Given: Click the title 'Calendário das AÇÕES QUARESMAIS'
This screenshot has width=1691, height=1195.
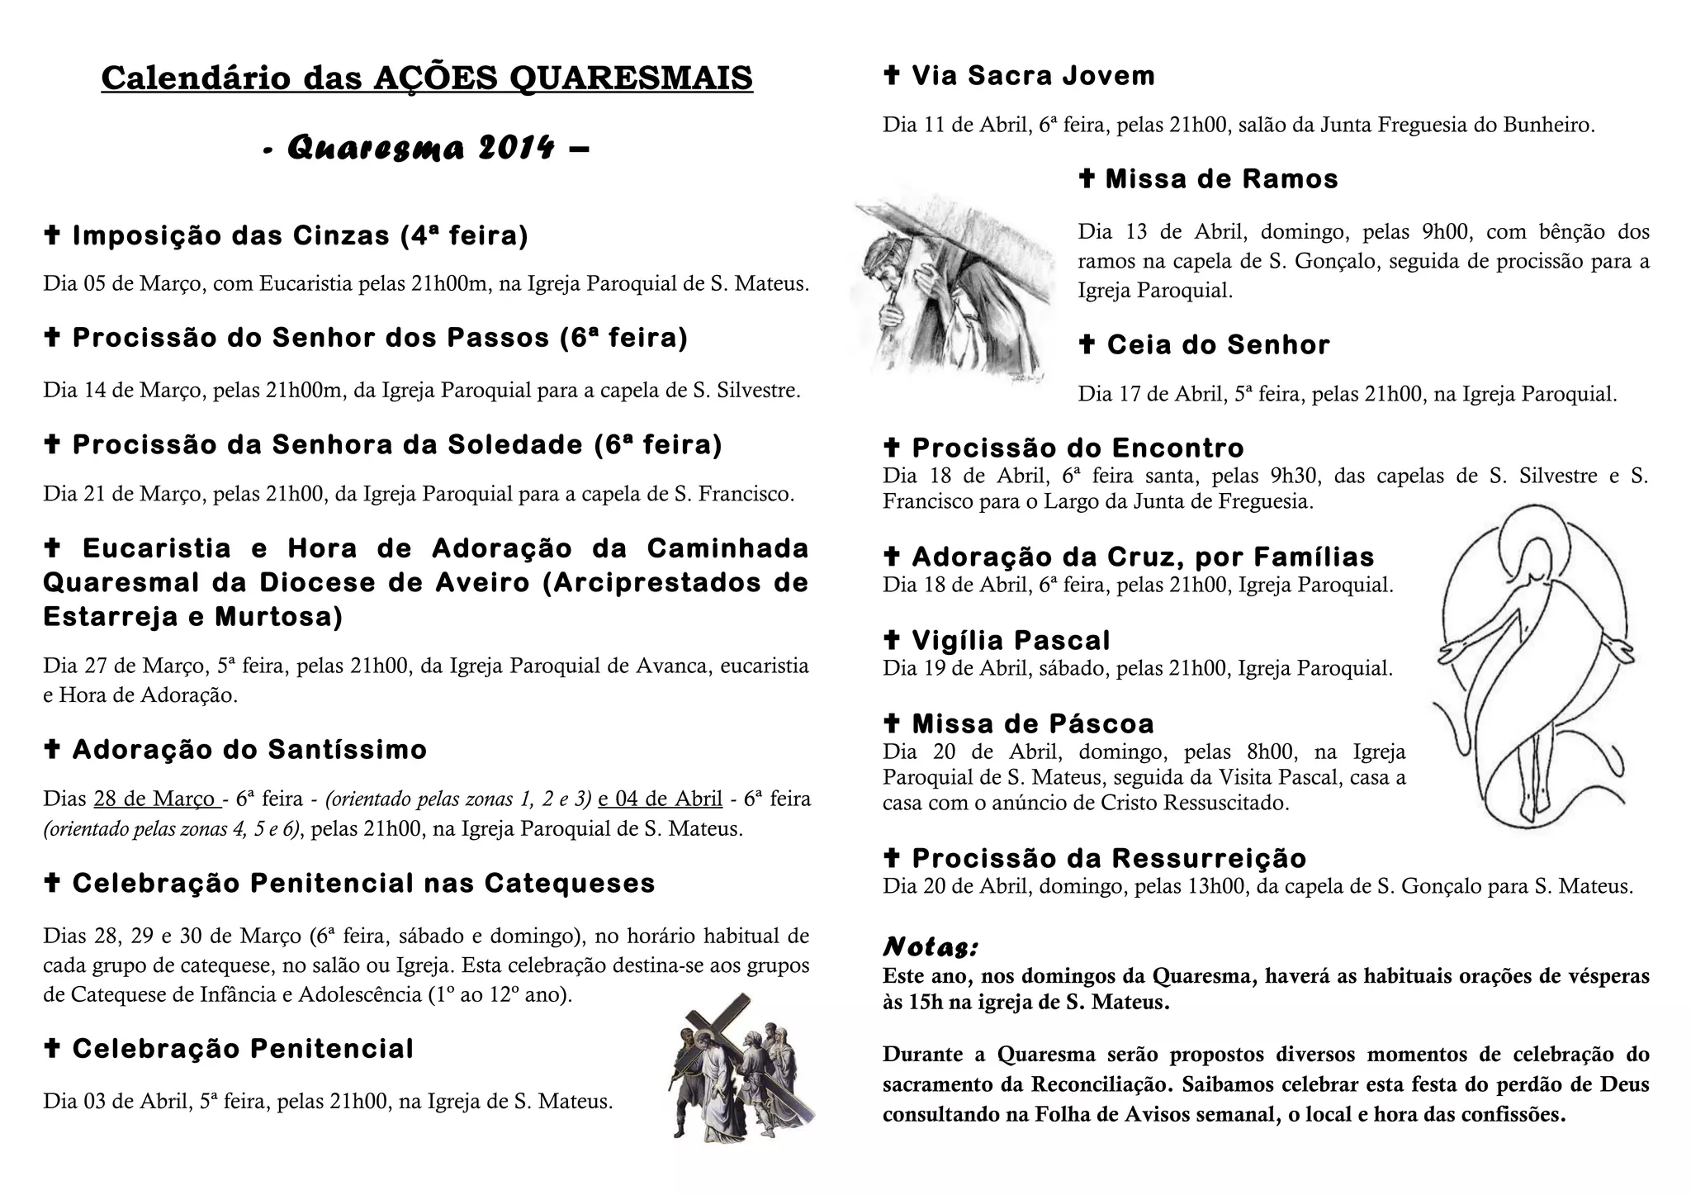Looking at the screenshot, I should [x=427, y=78].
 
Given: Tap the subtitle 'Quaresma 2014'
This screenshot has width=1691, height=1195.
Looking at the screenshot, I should [x=425, y=149].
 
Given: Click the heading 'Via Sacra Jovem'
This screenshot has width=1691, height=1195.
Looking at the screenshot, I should [x=1032, y=76].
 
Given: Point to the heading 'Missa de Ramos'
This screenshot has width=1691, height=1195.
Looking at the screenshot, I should [x=1221, y=179].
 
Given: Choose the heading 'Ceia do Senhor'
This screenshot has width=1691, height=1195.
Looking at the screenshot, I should [x=1218, y=345].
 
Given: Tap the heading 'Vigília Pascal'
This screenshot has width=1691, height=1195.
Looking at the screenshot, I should [x=1011, y=641].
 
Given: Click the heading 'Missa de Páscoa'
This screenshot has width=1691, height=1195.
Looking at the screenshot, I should [x=1032, y=724].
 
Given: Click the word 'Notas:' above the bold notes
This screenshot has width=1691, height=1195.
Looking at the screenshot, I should [x=931, y=946].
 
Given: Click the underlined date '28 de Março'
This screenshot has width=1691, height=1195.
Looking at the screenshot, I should [x=155, y=799].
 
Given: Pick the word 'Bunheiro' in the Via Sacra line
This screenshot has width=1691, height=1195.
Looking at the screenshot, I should [x=1547, y=126].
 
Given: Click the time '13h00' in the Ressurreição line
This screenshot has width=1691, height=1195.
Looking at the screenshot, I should [x=1199, y=888].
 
